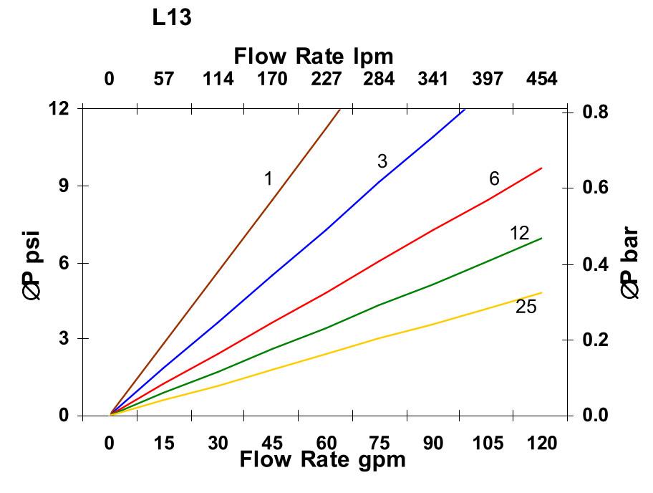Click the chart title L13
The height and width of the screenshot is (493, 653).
click(x=172, y=19)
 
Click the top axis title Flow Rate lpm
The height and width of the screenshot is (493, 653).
click(x=314, y=56)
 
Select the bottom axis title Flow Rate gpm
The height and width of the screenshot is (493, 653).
click(x=322, y=459)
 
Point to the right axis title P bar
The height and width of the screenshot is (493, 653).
click(x=630, y=263)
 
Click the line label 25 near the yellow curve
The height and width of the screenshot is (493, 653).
click(x=526, y=307)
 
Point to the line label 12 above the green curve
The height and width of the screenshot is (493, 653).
click(x=519, y=233)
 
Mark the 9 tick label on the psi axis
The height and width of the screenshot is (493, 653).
click(x=63, y=186)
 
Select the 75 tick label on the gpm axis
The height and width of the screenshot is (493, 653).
click(x=379, y=444)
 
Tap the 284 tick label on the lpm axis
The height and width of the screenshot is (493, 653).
click(x=379, y=79)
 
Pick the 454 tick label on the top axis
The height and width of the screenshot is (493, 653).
click(x=541, y=79)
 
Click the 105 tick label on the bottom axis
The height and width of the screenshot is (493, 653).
click(x=488, y=444)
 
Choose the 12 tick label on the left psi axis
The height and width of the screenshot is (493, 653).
click(x=59, y=108)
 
